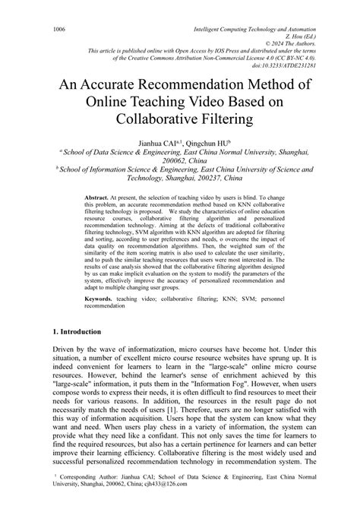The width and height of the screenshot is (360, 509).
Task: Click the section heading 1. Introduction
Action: pyautogui.click(x=81, y=333)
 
